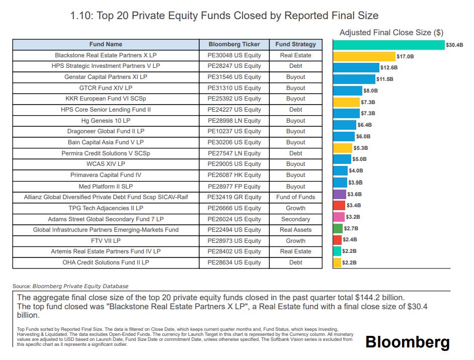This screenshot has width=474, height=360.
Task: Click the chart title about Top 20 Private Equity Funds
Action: pos(224,16)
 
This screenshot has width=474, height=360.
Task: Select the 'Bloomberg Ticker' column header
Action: pos(234,44)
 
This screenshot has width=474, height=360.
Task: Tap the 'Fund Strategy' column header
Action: pos(295,44)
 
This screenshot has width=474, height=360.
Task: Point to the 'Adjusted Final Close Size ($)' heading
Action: pos(391,33)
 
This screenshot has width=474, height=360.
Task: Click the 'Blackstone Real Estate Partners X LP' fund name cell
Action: pos(106,55)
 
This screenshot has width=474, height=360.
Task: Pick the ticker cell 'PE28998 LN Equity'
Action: pos(234,121)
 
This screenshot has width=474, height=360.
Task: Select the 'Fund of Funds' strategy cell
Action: pos(295,197)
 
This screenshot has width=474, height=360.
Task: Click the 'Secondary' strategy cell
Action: pos(295,219)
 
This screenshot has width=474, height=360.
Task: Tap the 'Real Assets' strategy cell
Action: pos(295,230)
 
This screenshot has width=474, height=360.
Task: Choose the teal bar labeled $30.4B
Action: pos(388,45)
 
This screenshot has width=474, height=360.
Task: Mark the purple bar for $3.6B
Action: pos(340,194)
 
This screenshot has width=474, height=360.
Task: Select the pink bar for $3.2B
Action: pos(339,217)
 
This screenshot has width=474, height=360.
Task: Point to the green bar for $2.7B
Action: pos(338,228)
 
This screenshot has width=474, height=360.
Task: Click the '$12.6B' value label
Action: pos(388,68)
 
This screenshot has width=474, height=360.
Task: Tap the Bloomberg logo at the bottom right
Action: pos(407,342)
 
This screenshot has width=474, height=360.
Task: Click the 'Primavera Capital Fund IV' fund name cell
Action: pos(106,175)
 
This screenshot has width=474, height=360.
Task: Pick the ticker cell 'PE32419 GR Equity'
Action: pos(234,197)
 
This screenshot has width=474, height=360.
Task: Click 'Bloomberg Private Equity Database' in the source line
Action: pos(81,286)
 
